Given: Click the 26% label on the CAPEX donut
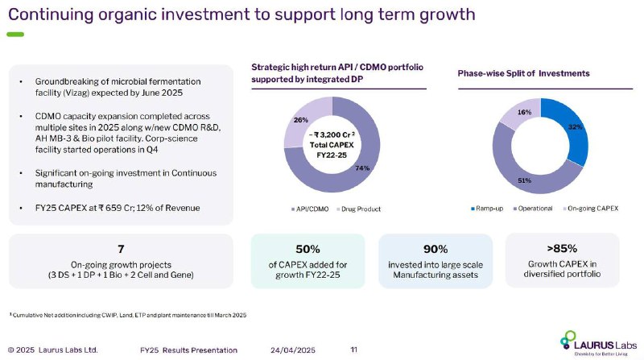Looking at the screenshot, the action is coord(300,120).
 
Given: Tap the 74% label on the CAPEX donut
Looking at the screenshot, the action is coord(362,168).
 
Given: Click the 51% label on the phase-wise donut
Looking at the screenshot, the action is coord(525,180).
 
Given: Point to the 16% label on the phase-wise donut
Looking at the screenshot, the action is coord(525,112).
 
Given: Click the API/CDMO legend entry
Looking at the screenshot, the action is coord(310,209).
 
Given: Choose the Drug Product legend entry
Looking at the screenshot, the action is coord(358,209).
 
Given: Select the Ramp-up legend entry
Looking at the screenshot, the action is coord(487,209).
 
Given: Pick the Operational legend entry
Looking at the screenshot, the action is coord(533,209).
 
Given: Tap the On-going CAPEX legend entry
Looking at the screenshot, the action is coord(591,209).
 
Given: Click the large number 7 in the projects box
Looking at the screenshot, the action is coord(121,249).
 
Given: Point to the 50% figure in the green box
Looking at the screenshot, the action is coord(308,249).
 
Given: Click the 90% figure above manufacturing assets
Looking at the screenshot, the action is coord(436,249).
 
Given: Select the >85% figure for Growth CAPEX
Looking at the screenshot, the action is coord(562,248).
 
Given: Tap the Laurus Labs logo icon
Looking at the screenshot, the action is coord(568,339).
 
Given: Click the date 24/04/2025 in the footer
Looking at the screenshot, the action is coord(293,350).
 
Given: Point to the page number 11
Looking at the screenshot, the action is coord(353,350).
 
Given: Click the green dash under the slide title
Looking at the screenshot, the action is coord(15,35).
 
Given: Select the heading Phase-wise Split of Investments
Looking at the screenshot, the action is coord(524,73).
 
